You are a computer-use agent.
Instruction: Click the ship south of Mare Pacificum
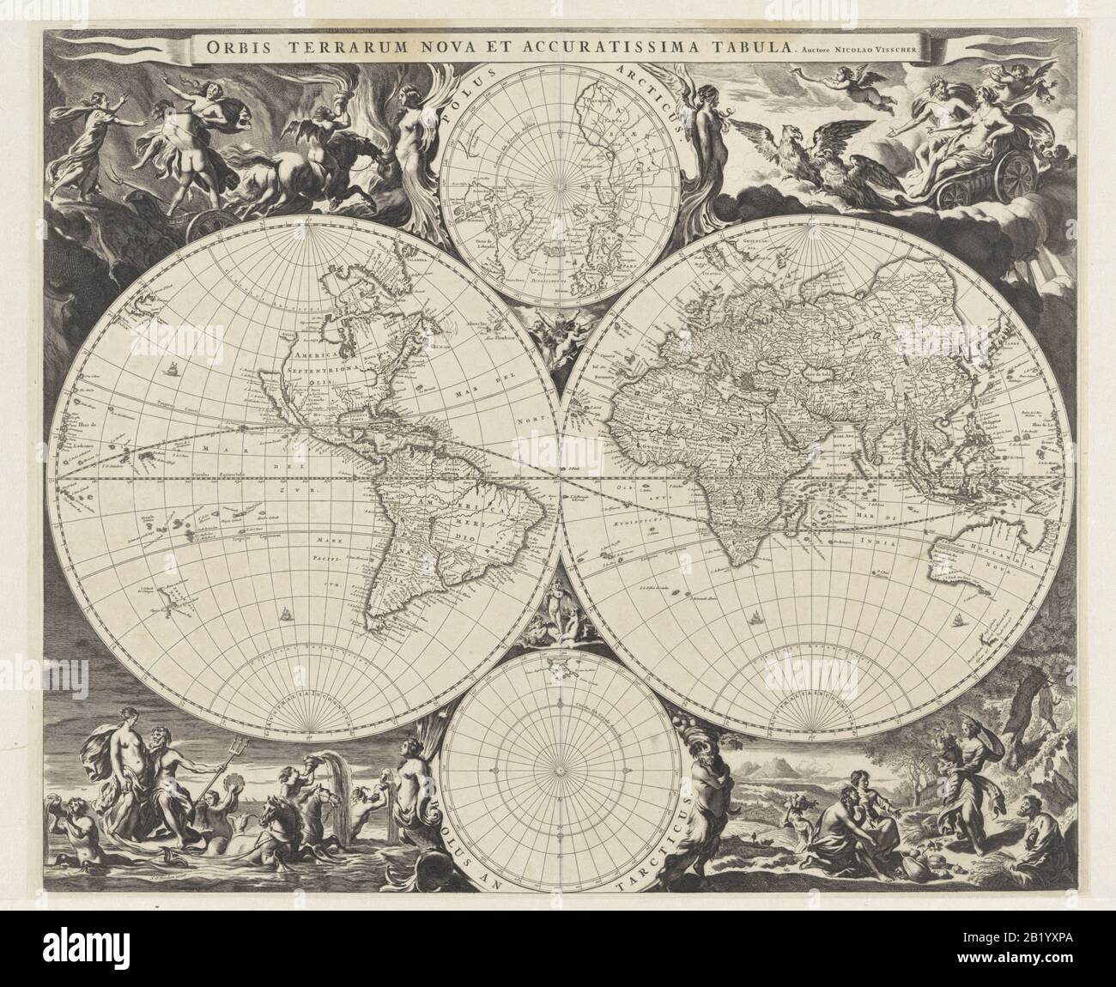(282, 614)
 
